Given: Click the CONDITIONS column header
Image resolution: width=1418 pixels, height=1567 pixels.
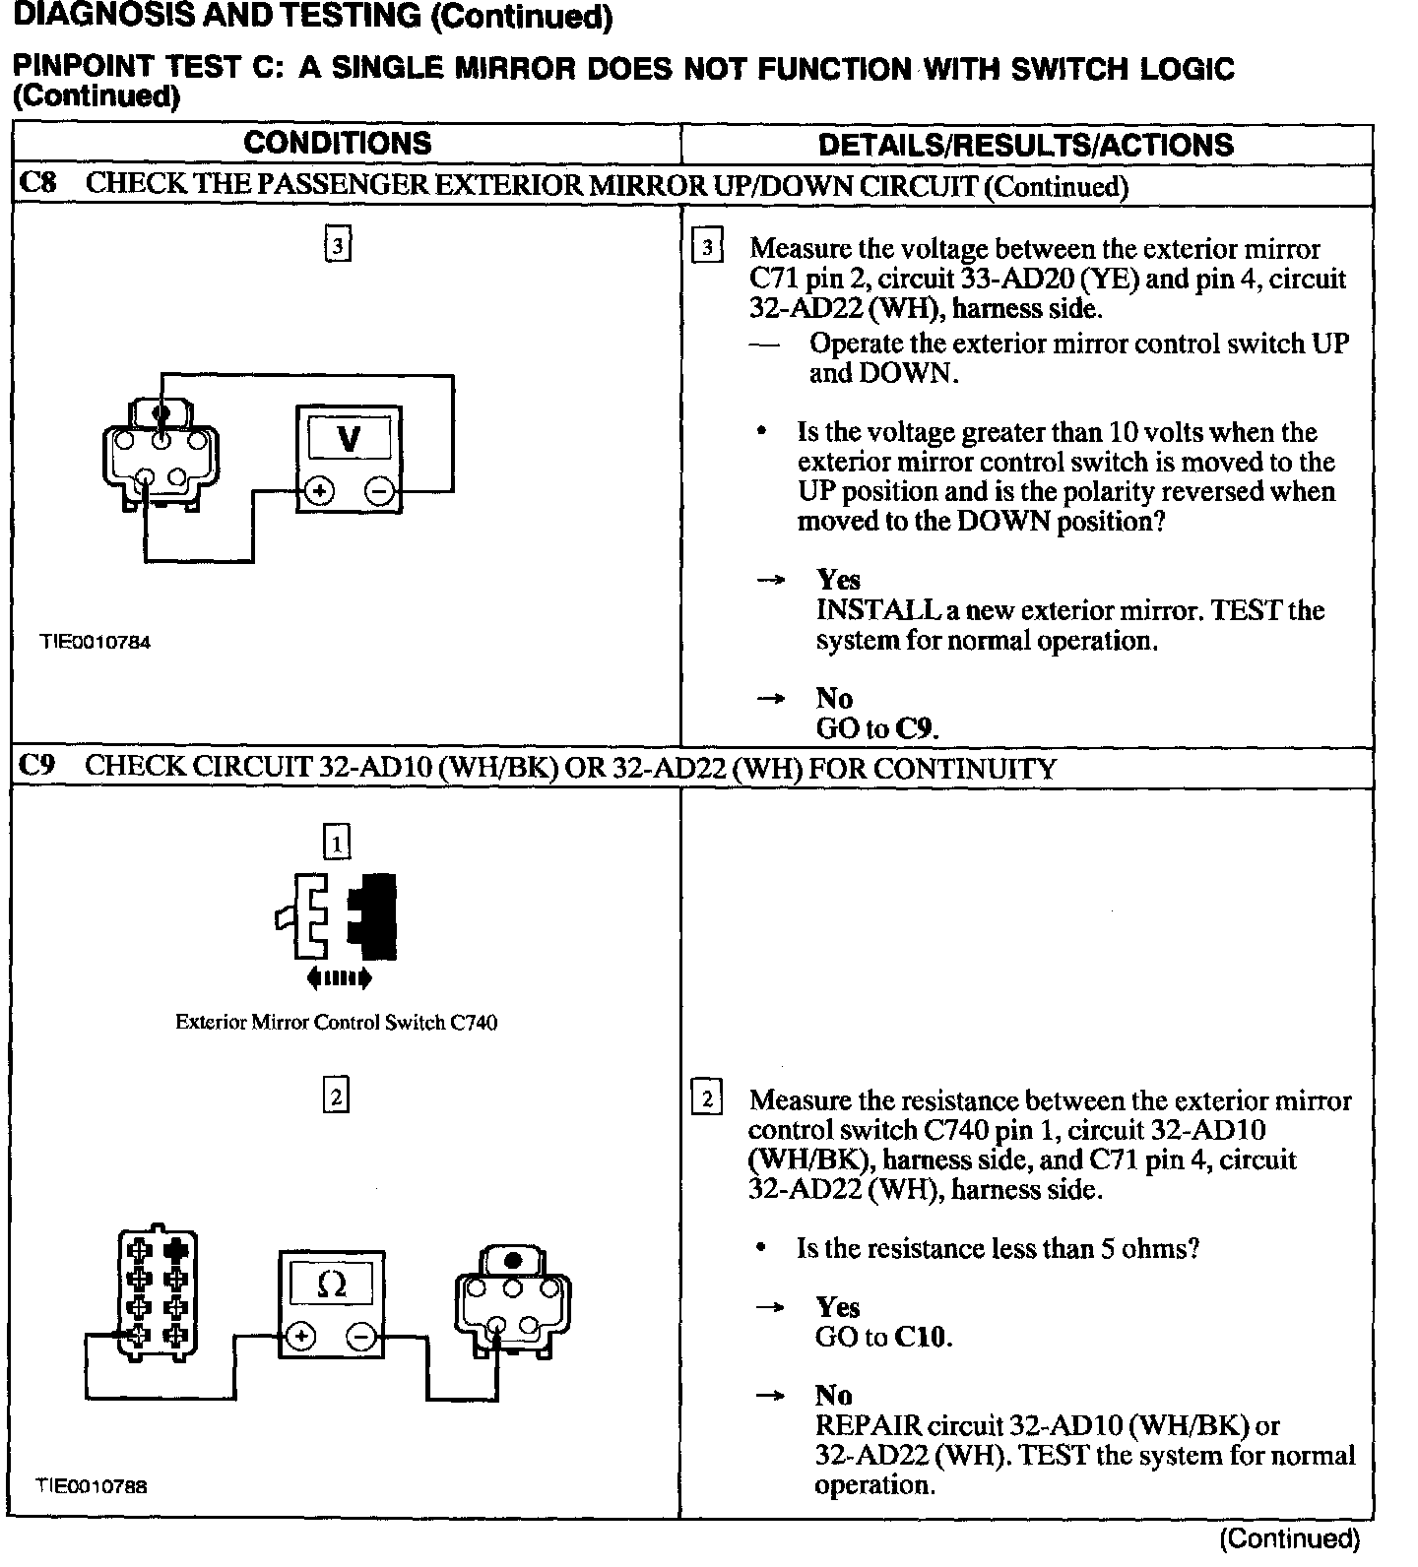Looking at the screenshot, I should click(x=338, y=144).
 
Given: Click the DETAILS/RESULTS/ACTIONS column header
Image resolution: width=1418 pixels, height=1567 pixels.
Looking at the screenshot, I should click(x=1025, y=146).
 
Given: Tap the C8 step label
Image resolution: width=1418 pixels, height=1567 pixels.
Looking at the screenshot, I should click(x=37, y=184).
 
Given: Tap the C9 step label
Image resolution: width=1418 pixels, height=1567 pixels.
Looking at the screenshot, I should click(x=37, y=767).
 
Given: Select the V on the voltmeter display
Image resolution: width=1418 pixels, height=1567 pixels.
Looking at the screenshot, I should click(x=349, y=439).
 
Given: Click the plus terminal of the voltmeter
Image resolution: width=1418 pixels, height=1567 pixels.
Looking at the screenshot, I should click(x=318, y=491).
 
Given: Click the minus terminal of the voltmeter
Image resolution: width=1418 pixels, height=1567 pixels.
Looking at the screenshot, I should click(x=379, y=491).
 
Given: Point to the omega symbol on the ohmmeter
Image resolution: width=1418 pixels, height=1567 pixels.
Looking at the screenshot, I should click(x=332, y=1284).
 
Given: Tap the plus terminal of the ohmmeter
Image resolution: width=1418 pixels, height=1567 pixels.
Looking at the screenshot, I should click(x=300, y=1337).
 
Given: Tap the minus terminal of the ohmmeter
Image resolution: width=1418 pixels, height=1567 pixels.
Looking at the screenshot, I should click(x=361, y=1337).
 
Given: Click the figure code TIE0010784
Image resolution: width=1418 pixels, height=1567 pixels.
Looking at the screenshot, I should click(x=95, y=642).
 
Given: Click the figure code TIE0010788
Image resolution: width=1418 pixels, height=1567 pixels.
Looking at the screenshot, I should click(x=93, y=1486).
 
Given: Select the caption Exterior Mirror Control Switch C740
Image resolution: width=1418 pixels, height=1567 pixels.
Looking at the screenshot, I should click(x=336, y=1023).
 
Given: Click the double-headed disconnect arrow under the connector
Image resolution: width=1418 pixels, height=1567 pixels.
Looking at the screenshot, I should click(x=339, y=977).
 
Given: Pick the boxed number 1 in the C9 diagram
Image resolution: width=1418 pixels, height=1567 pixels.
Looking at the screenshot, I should click(x=337, y=844).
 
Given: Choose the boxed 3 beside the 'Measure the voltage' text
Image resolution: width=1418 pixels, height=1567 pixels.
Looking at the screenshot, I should click(x=707, y=246).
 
